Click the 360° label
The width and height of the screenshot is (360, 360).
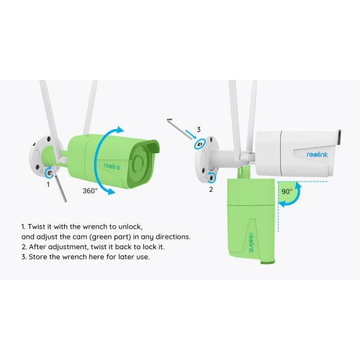tap(90, 191)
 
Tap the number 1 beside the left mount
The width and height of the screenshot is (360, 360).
tap(49, 183)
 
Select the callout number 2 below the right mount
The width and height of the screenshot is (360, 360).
tap(210, 189)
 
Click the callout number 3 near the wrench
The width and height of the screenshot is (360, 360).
tap(199, 129)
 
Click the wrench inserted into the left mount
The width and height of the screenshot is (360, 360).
tap(60, 188)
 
